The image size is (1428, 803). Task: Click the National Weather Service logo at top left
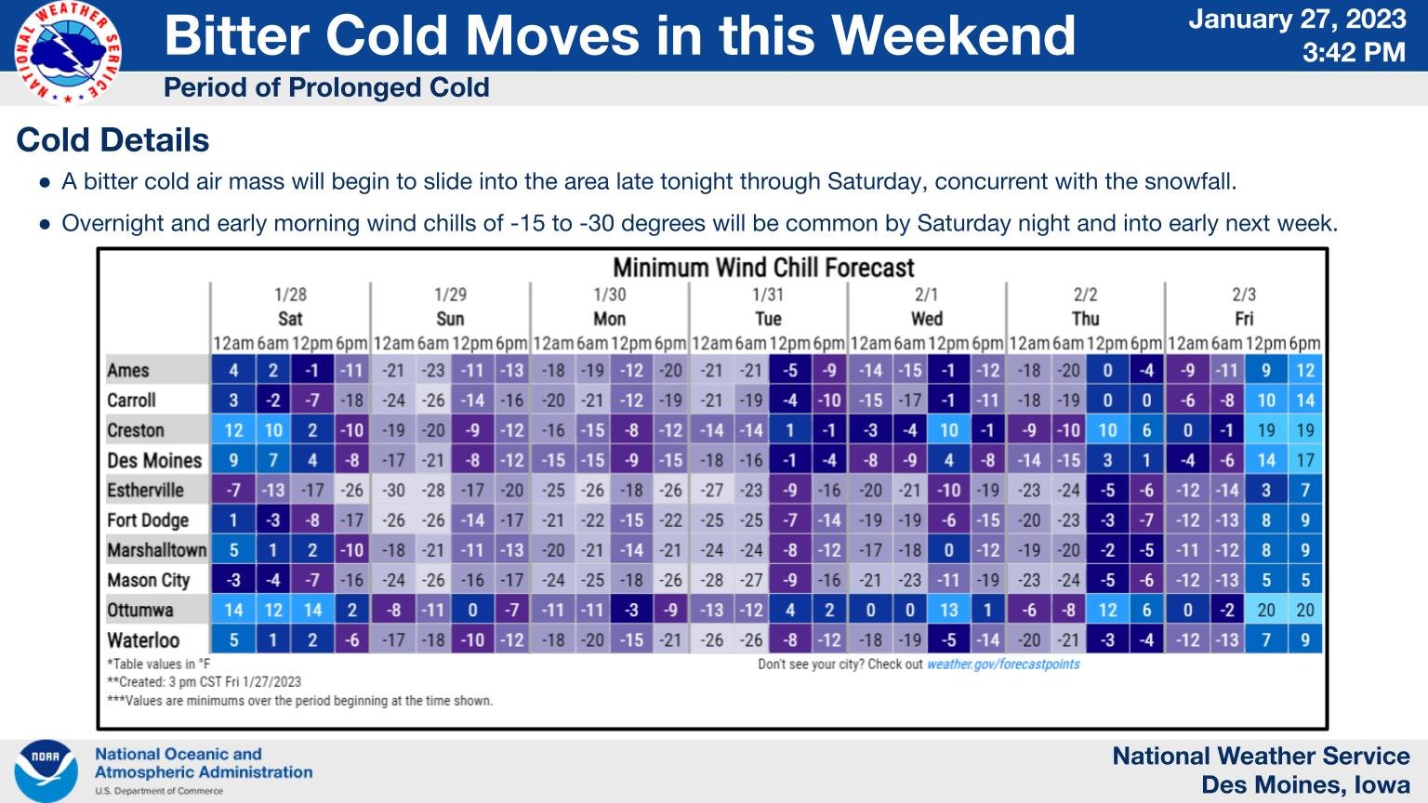pyautogui.click(x=66, y=52)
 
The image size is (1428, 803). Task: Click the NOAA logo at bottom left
pyautogui.click(x=45, y=770)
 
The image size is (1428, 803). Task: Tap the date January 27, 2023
pyautogui.click(x=1297, y=19)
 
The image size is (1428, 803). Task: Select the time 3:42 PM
pyautogui.click(x=1353, y=52)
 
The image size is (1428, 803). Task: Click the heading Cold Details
pyautogui.click(x=112, y=140)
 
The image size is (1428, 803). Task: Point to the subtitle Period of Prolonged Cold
pyautogui.click(x=326, y=87)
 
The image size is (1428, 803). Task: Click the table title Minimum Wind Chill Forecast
pyautogui.click(x=763, y=268)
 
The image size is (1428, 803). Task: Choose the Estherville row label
pyautogui.click(x=145, y=490)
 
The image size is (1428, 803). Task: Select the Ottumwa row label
pyautogui.click(x=140, y=610)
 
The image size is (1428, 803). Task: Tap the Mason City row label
pyautogui.click(x=149, y=580)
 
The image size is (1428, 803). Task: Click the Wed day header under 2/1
pyautogui.click(x=926, y=319)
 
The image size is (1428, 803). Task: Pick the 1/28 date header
pyautogui.click(x=290, y=295)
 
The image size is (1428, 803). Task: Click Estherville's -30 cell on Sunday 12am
pyautogui.click(x=393, y=490)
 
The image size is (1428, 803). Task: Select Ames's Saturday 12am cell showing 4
pyautogui.click(x=233, y=370)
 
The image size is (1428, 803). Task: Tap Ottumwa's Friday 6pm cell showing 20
pyautogui.click(x=1304, y=610)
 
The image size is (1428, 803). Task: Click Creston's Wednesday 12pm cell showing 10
pyautogui.click(x=948, y=430)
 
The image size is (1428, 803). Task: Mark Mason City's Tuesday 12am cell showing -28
pyautogui.click(x=711, y=580)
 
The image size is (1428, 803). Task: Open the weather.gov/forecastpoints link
pyautogui.click(x=1003, y=665)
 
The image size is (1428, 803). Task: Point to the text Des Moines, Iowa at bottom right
pyautogui.click(x=1305, y=783)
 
